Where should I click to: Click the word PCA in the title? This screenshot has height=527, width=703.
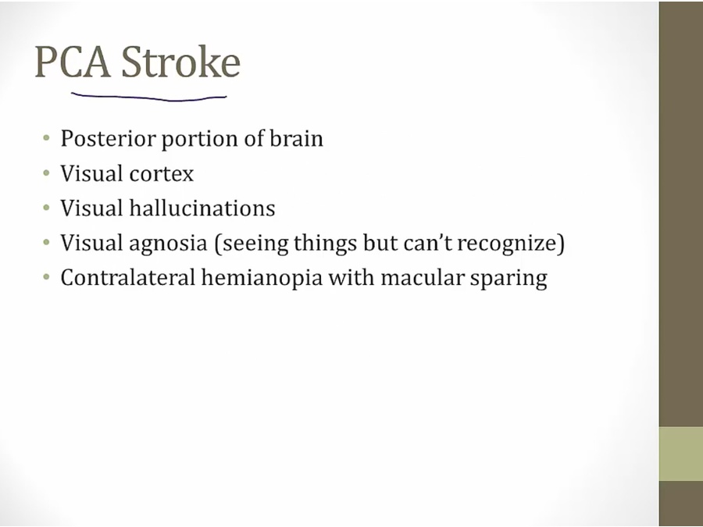[73, 62]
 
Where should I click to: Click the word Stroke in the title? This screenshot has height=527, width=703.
[180, 61]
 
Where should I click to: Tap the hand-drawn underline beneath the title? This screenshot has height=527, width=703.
[149, 98]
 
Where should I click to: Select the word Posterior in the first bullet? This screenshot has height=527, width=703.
[108, 139]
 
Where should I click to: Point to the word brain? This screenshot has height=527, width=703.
[296, 138]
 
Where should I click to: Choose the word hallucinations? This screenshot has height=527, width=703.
[202, 208]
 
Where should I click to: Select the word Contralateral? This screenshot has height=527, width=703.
[128, 277]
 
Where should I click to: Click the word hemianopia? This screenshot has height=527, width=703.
[262, 279]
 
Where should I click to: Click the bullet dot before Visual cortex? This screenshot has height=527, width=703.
[46, 173]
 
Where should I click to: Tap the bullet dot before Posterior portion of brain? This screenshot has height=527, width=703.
[46, 138]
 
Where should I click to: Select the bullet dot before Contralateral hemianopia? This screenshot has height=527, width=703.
[46, 277]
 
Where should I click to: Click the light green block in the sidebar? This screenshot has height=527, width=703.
[681, 454]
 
